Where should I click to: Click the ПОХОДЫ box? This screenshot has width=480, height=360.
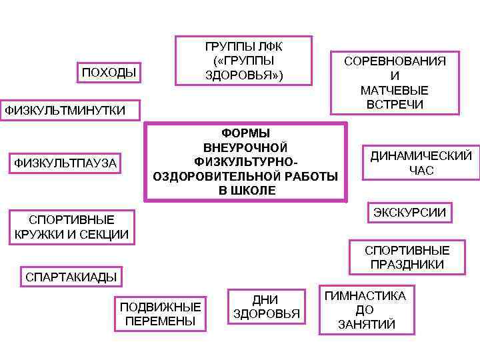click(109, 72)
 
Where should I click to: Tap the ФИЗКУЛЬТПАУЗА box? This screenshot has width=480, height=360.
click(65, 163)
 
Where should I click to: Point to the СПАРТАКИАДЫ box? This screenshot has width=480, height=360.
click(71, 277)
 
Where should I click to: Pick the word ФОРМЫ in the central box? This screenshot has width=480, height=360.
click(245, 133)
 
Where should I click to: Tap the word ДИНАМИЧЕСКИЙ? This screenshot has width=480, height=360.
click(421, 156)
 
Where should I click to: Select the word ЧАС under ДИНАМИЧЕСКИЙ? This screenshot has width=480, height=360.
click(421, 171)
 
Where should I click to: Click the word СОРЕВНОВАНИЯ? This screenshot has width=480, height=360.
click(395, 61)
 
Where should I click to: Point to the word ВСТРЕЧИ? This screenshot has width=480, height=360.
click(395, 105)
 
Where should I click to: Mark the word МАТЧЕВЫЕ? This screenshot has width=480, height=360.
click(395, 90)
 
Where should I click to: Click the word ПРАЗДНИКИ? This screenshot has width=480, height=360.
click(407, 265)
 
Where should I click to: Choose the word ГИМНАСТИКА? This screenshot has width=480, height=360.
click(365, 296)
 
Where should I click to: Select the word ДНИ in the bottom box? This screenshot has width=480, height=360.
click(265, 300)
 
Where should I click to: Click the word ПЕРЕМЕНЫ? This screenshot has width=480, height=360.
click(160, 321)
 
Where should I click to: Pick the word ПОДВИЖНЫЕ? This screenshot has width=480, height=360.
click(160, 307)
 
